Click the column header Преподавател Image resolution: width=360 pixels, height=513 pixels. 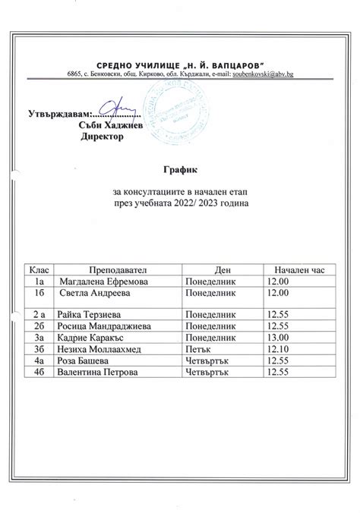click(115, 269)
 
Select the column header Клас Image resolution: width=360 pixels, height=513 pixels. click(37, 269)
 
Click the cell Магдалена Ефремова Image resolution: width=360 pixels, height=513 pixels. click(99, 281)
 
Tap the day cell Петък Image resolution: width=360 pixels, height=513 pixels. click(198, 348)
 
